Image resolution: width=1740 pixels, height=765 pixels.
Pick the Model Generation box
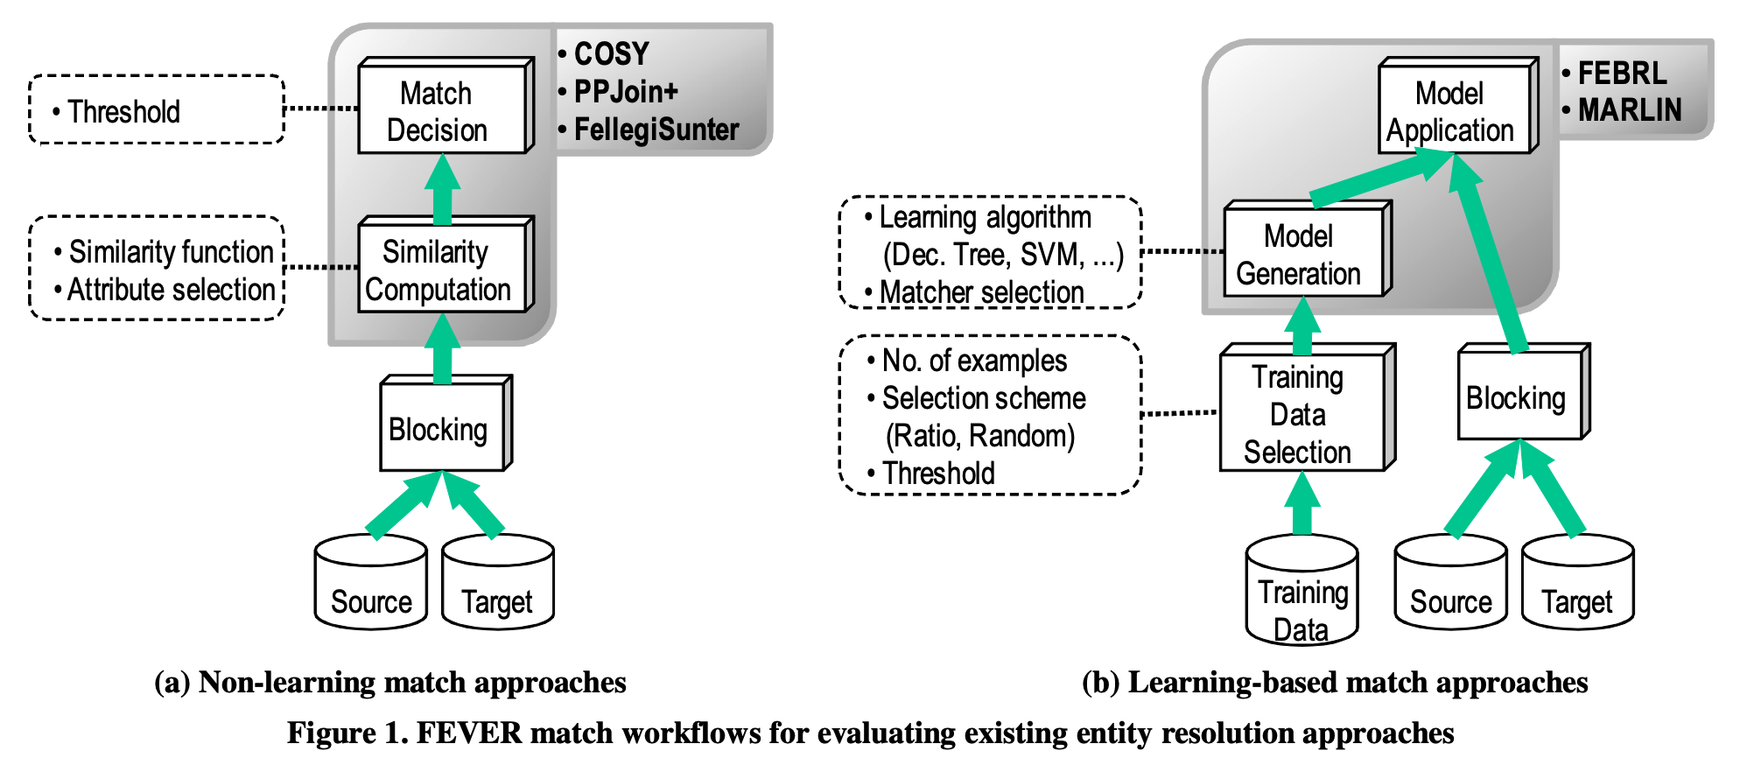tap(1302, 254)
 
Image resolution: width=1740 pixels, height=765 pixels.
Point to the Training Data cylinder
tap(1301, 595)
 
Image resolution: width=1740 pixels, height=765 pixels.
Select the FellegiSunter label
tap(656, 130)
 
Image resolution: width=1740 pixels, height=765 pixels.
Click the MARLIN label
tap(1629, 110)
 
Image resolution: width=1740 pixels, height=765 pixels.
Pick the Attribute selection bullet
tap(171, 290)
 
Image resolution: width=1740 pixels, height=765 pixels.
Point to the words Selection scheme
tap(983, 398)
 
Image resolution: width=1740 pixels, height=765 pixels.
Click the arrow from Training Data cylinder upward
tap(1301, 506)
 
